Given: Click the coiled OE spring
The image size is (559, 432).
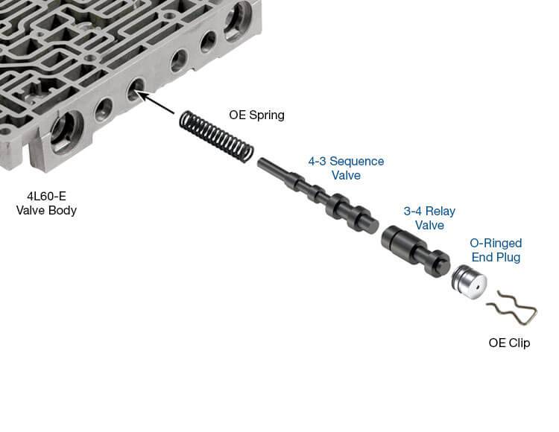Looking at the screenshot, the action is pos(216,136).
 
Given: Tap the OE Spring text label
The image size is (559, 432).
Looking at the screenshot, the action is pos(256,115).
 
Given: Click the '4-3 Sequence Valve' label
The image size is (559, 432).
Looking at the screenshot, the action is pos(346,168).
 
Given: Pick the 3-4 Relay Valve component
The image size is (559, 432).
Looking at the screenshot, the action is pos(416,251).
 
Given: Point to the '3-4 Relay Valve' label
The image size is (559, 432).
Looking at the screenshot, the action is pos(429,218).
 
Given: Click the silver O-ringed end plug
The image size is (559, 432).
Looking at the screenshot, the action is pos(469,282).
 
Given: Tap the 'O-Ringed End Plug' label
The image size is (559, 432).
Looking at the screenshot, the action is pos(496,250).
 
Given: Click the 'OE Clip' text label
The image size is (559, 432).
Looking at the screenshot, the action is pos(509,343).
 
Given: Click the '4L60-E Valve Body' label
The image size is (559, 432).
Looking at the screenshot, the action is pos(46,203).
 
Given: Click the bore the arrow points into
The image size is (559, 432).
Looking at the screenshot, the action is pos(135,89).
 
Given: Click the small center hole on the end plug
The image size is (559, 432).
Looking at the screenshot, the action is pos(476,285).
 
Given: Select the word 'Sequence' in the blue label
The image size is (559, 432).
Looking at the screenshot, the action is pos(356,162).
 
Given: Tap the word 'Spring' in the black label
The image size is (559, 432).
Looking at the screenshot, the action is pos(266,115).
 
